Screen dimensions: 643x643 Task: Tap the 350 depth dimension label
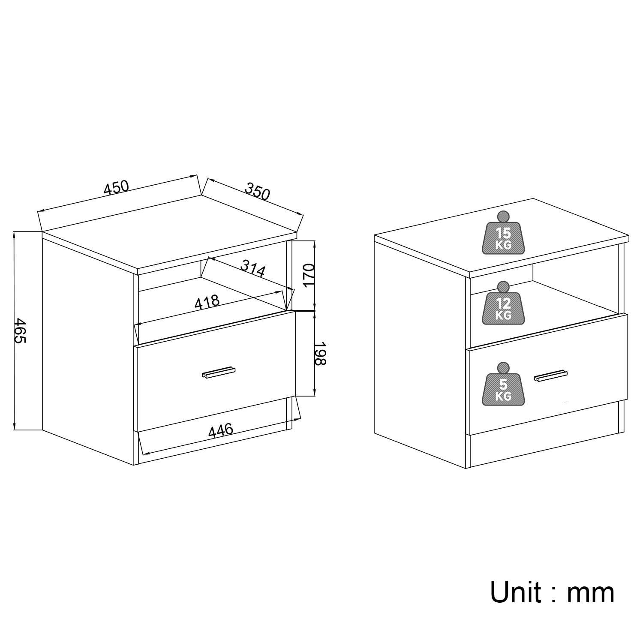[257, 191]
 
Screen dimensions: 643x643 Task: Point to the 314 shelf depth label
[253, 268]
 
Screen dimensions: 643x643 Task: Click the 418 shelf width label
[207, 302]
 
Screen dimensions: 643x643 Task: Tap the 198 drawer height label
[320, 354]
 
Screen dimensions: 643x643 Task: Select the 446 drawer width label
[221, 431]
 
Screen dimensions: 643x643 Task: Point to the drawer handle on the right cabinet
[551, 375]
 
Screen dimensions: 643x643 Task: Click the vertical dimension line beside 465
[15, 331]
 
